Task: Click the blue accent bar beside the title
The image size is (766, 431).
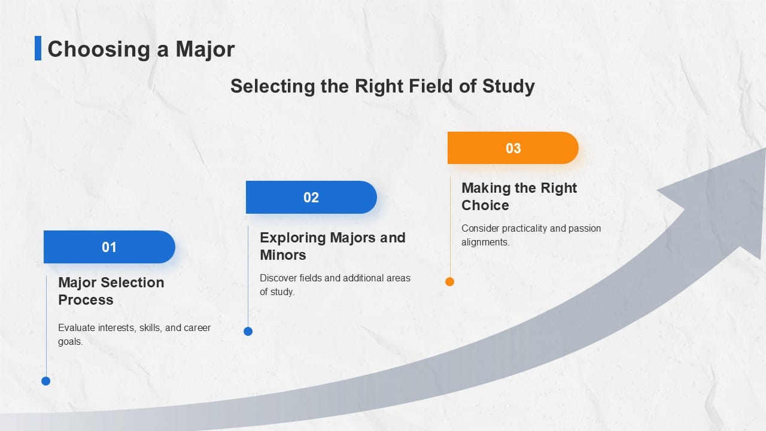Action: click(38, 48)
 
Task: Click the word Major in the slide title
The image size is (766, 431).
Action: click(205, 49)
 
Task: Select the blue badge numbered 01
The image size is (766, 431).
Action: click(110, 247)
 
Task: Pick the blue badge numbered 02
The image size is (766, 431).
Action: click(311, 198)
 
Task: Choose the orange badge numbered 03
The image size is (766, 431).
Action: click(513, 148)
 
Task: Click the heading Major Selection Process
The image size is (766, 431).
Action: click(111, 291)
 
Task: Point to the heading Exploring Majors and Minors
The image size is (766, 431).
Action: click(333, 246)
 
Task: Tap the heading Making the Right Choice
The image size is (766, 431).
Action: click(519, 197)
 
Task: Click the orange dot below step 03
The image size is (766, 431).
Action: click(449, 281)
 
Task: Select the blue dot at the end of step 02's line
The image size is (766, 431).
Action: click(248, 331)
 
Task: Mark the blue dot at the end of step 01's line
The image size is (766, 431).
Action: click(46, 381)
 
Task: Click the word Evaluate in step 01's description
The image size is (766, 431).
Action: click(77, 327)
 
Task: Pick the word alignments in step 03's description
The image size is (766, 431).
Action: click(485, 242)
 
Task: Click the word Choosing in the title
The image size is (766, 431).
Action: click(99, 50)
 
